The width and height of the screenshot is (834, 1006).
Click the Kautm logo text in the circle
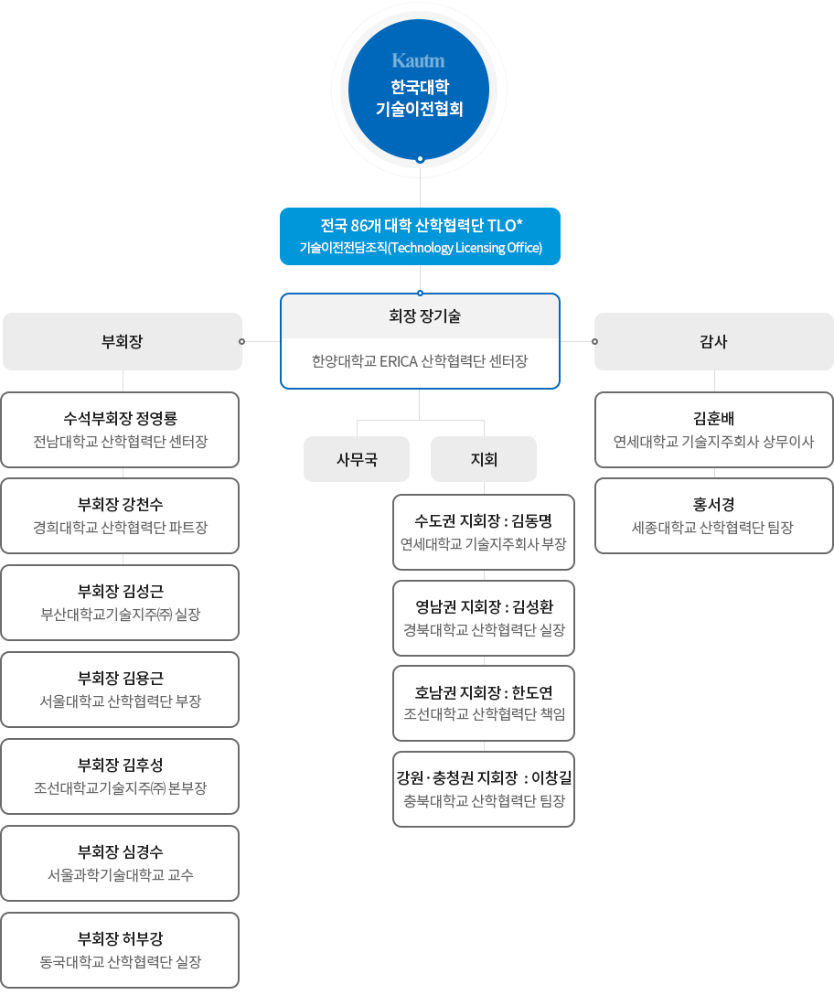click(418, 60)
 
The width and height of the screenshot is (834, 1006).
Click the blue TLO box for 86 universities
click(421, 236)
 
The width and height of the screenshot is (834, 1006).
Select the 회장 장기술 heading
click(424, 316)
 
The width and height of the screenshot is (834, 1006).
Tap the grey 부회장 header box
click(123, 341)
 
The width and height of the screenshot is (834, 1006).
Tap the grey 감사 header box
click(714, 341)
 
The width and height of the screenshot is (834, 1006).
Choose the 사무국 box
click(357, 459)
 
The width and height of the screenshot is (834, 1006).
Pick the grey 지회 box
click(484, 459)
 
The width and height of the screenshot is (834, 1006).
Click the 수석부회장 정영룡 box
click(120, 430)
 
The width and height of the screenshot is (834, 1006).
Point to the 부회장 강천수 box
click(120, 516)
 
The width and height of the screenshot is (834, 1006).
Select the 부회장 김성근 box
click(120, 603)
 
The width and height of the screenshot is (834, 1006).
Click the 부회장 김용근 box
click(120, 690)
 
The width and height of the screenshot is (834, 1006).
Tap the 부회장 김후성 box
click(120, 776)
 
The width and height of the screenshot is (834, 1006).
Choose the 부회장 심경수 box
click(120, 863)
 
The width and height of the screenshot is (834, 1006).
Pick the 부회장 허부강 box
click(120, 950)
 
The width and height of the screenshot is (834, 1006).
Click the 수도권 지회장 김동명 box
click(484, 532)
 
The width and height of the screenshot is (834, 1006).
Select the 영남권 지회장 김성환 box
click(484, 618)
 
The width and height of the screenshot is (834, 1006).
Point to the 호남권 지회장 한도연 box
click(484, 703)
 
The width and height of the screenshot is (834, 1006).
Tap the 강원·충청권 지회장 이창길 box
click(484, 789)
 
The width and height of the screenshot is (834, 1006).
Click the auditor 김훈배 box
click(714, 430)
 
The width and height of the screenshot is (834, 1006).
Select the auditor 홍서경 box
click(714, 516)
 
